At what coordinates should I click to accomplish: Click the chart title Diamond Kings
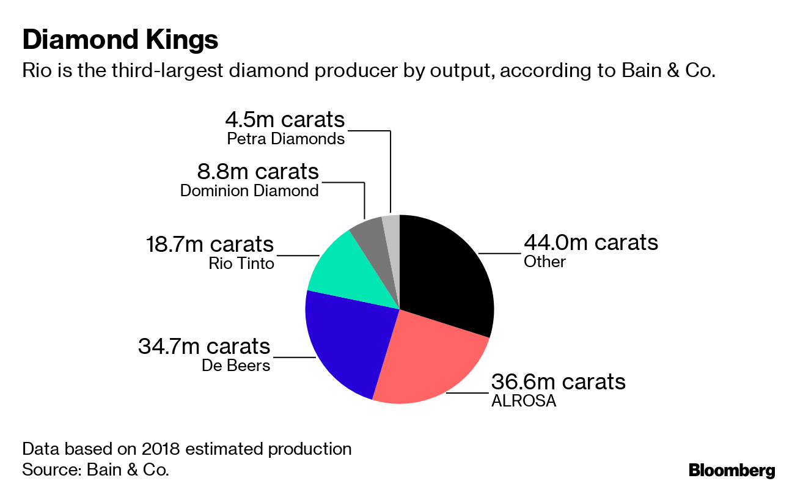click(120, 40)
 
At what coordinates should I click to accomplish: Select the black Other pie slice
click(446, 275)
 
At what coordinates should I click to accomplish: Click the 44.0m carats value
click(590, 243)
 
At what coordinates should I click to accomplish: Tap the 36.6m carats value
click(558, 382)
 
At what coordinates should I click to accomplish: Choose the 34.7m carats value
click(204, 347)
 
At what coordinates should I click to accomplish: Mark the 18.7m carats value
click(210, 244)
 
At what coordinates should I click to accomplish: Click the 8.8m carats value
click(257, 171)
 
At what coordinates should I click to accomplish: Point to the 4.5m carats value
click(284, 119)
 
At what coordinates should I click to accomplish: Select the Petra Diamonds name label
click(285, 139)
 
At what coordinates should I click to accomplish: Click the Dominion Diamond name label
click(249, 191)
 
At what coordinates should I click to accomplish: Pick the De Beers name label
click(236, 366)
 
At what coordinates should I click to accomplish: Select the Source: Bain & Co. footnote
click(95, 469)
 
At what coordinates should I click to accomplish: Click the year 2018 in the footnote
click(161, 449)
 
